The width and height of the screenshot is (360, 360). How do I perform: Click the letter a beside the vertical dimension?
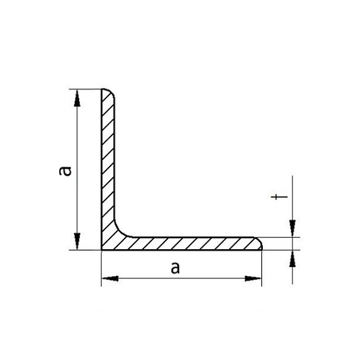pos(66,171)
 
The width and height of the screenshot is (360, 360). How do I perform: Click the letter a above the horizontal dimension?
pos(175,268)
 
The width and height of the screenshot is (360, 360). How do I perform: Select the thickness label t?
pos(279,197)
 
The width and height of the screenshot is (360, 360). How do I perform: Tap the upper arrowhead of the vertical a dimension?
pos(77,98)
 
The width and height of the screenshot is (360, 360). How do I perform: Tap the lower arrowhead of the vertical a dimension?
pos(77,241)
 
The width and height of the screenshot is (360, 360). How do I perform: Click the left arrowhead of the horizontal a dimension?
pos(110,279)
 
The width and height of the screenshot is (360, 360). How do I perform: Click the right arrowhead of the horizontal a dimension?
pos(253,279)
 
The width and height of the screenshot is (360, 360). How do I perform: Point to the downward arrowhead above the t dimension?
pos(292,228)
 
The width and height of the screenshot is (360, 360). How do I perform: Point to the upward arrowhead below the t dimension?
pos(292,258)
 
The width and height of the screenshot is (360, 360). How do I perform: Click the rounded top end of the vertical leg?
pos(110,91)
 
